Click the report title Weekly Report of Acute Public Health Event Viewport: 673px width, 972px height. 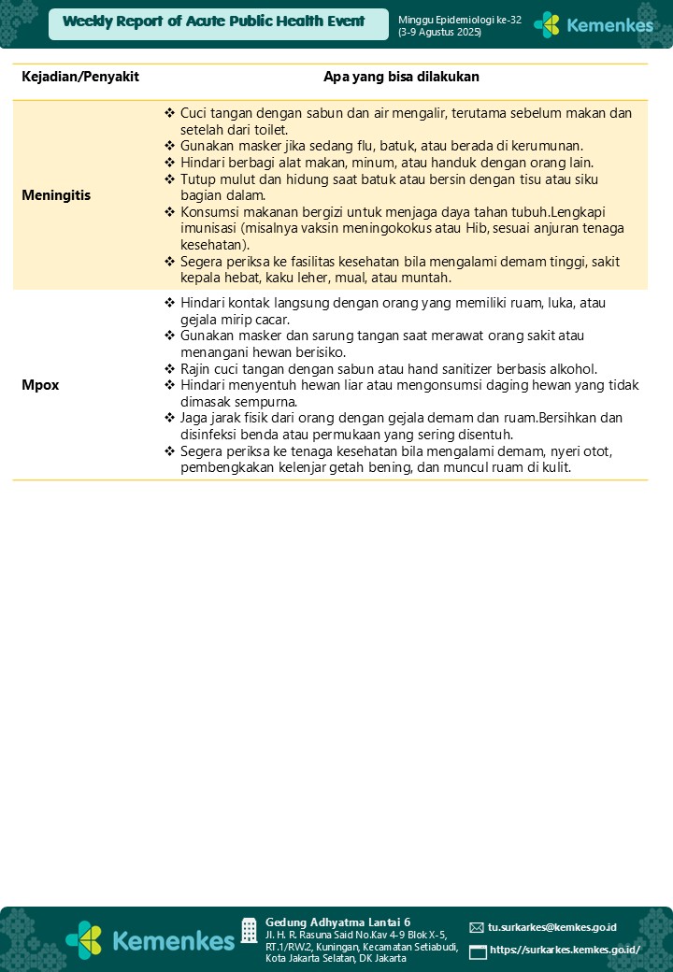tap(214, 21)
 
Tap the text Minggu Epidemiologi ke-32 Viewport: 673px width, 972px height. tap(460, 20)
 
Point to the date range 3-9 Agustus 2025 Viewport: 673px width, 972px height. tap(439, 32)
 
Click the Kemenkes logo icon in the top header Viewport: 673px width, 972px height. tap(547, 25)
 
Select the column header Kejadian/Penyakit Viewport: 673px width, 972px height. tap(80, 77)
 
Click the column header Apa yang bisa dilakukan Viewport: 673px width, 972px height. tap(401, 77)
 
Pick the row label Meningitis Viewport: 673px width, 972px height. tap(56, 196)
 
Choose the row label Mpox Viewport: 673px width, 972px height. tap(40, 385)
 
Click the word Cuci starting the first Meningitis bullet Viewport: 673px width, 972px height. tap(194, 113)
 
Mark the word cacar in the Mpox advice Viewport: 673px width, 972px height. tap(269, 319)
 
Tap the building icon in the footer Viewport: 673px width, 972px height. tap(249, 930)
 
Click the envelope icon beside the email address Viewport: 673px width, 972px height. tap(477, 927)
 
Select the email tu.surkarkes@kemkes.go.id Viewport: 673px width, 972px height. tap(551, 927)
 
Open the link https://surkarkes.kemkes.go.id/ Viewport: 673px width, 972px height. tap(565, 950)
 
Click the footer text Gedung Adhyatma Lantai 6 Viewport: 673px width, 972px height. tap(337, 922)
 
